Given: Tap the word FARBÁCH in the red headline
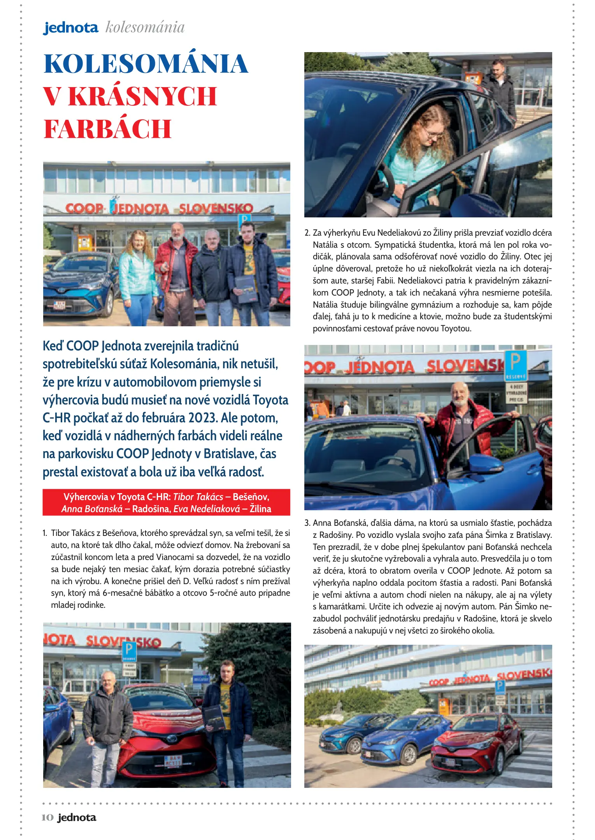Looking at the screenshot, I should click(x=107, y=129).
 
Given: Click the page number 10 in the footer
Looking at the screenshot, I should click(x=47, y=817).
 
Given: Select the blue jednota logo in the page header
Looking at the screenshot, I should click(x=70, y=28).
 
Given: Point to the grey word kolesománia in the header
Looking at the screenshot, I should click(x=145, y=27).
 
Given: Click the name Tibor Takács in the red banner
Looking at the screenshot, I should click(x=198, y=497).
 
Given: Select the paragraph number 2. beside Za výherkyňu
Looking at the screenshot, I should click(x=307, y=233).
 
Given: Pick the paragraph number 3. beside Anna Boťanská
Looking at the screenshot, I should click(x=307, y=523).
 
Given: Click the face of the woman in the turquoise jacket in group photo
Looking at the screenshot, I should click(x=138, y=240).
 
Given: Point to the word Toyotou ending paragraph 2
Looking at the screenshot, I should click(x=456, y=329).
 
